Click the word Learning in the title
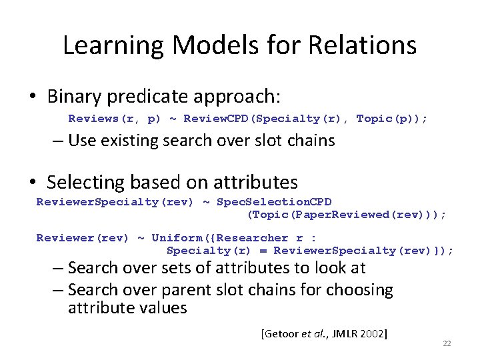click(112, 45)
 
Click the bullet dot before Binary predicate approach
click(32, 97)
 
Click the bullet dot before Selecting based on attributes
click(32, 183)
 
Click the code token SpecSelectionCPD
click(275, 202)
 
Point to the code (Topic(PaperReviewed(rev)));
click(347, 215)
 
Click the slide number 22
click(447, 343)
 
